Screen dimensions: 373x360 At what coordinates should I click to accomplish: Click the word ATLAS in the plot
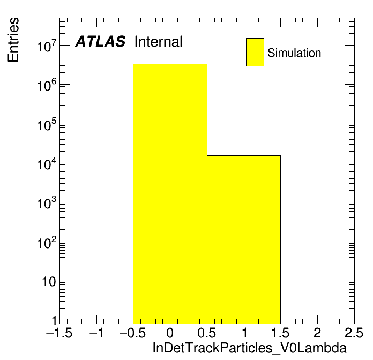100,41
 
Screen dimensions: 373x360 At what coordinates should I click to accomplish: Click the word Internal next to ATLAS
158,41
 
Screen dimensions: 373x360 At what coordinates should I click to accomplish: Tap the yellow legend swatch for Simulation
255,52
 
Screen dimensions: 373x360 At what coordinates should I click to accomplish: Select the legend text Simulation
294,53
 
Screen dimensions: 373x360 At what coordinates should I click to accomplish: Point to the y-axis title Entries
13,40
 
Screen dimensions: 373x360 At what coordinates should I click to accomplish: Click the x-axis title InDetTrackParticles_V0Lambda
250,348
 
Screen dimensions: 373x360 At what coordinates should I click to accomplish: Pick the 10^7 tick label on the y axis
47,46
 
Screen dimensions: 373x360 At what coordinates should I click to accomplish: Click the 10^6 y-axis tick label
47,85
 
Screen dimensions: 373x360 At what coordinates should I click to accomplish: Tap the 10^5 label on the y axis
47,125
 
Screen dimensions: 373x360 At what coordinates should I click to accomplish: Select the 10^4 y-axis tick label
47,164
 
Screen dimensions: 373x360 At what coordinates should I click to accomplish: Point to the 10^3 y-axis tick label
47,203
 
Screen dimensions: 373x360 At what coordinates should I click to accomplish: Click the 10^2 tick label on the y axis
47,243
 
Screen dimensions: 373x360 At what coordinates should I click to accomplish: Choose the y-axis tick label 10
49,282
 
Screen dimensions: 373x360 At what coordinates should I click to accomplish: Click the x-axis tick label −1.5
59,333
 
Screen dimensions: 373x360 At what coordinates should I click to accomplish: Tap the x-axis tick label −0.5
132,333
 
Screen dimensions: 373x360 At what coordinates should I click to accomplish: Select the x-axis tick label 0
170,333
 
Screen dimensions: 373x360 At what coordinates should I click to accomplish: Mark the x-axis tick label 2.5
354,333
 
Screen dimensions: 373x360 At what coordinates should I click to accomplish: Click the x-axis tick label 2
317,333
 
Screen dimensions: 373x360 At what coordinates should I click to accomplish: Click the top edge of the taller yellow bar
170,64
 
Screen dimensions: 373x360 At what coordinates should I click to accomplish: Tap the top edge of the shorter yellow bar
244,155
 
